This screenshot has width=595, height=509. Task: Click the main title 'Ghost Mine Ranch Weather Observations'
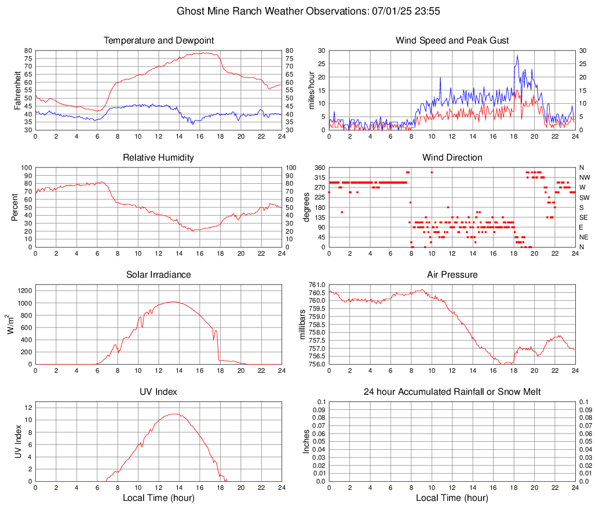coord(297,11)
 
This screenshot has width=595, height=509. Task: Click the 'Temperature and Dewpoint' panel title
coord(159,41)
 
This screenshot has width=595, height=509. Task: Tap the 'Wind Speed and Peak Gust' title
coord(452,41)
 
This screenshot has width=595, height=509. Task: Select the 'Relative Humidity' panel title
coord(159,158)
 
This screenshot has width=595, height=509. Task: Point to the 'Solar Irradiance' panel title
coord(159,275)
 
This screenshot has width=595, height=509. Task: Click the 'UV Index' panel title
coord(159,392)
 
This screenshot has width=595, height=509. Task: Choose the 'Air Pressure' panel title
coord(452,275)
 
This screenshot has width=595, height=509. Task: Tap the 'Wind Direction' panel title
coord(452,158)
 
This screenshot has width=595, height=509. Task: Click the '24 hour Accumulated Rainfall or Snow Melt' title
coord(452,392)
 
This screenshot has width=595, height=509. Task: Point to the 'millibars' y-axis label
coord(302,324)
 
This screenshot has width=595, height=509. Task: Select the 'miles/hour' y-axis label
coord(311,90)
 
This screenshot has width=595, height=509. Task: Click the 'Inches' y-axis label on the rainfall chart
coord(306,441)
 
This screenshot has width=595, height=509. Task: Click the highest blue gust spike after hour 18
coord(517,56)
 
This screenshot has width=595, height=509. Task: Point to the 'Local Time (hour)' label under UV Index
coord(159,498)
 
